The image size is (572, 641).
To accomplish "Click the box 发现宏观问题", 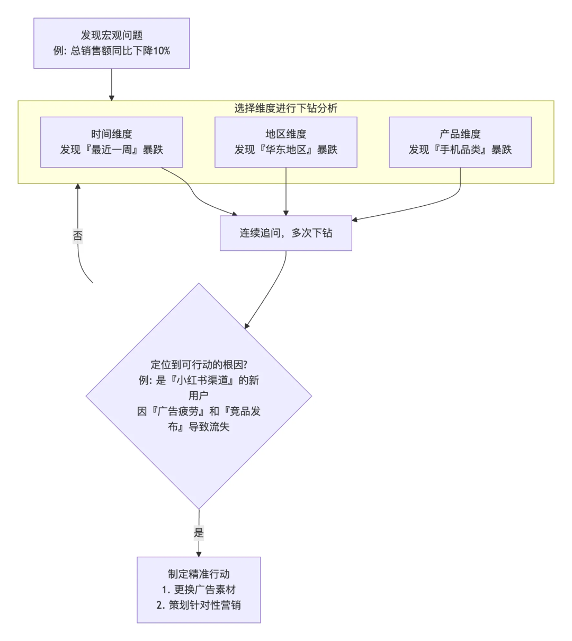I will point(111,43).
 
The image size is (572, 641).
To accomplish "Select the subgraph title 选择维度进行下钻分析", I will point(285,108).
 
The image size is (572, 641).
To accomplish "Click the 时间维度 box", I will point(111,142).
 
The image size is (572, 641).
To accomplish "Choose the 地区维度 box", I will point(285,142).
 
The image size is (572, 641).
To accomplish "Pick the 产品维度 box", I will point(460,142).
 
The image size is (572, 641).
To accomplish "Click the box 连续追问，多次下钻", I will point(285,233).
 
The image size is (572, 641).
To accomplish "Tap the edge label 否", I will point(78,236).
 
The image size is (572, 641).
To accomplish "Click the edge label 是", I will point(199,533).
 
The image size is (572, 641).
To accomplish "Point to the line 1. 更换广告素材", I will point(199,590).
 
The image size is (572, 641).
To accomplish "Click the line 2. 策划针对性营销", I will point(199,605).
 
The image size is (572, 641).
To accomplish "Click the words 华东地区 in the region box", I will point(285,150).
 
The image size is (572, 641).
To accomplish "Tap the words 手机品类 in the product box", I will point(460,150).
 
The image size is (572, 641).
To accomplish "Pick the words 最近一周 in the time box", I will point(111,150).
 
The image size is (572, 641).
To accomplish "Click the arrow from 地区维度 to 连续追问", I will point(286,191).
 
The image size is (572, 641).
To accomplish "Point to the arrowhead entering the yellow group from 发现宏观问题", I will point(111,98).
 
